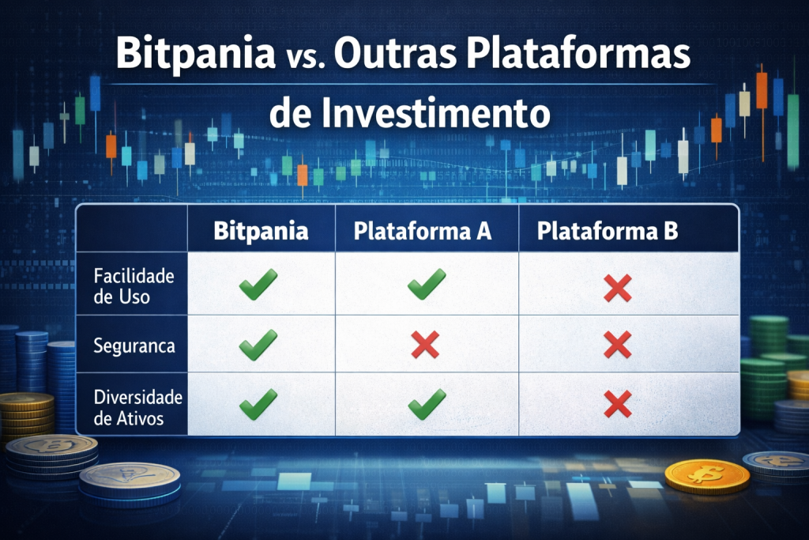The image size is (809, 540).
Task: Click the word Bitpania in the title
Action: [x=196, y=54]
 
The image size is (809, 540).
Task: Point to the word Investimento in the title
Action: [x=435, y=112]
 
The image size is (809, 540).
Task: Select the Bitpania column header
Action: [x=261, y=230]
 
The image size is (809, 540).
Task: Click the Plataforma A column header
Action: [x=423, y=231]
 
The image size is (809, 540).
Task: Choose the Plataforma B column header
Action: [x=608, y=231]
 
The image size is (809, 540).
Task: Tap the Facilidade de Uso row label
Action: [x=134, y=286]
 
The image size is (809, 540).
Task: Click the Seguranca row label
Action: [x=134, y=346]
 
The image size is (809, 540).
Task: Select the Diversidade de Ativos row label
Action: [x=137, y=407]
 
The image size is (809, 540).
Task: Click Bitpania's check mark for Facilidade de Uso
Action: [x=258, y=284]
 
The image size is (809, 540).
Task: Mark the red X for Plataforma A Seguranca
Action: [x=425, y=345]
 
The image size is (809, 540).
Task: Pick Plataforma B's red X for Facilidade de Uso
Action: [x=618, y=288]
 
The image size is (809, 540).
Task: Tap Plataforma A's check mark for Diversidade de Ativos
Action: [x=427, y=404]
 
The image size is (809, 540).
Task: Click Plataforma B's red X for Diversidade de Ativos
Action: [x=618, y=404]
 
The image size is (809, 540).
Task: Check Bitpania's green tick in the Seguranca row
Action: [x=258, y=345]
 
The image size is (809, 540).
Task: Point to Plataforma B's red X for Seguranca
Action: [x=618, y=345]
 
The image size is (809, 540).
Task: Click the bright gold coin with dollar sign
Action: [x=707, y=476]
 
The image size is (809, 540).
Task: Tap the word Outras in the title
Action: [x=395, y=53]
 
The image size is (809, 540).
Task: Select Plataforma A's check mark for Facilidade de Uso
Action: [x=427, y=284]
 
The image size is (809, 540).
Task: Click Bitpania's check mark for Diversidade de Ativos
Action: [x=258, y=404]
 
